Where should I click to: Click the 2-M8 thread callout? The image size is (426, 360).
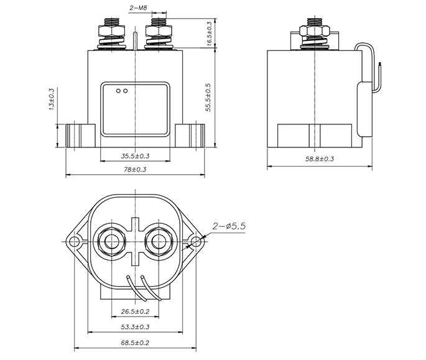(138, 8)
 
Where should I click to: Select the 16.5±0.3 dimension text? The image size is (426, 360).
(209, 34)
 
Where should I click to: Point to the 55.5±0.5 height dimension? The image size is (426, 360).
(208, 97)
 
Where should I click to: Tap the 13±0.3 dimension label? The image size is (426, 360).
(52, 99)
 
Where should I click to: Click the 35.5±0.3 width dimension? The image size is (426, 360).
(136, 156)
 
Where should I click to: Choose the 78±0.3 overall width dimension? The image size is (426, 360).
(135, 169)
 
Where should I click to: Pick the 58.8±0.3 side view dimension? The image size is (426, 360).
(320, 159)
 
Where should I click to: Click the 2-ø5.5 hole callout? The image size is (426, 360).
(229, 226)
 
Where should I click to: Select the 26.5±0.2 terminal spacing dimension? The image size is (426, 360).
(136, 311)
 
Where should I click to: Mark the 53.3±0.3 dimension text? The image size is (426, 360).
(136, 326)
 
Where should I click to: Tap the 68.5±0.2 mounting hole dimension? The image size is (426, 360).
(136, 343)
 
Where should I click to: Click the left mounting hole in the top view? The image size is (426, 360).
(73, 241)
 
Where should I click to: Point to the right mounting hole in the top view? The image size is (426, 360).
(196, 241)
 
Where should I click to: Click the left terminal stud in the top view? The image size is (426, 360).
(111, 241)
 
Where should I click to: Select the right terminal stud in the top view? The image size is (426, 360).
(159, 241)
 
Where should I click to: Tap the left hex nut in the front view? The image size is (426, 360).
(112, 31)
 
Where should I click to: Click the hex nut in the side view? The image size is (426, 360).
(315, 30)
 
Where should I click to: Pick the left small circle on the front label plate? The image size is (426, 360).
(118, 91)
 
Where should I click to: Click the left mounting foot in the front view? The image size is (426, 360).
(81, 136)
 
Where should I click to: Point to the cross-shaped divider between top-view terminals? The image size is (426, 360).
(135, 241)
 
